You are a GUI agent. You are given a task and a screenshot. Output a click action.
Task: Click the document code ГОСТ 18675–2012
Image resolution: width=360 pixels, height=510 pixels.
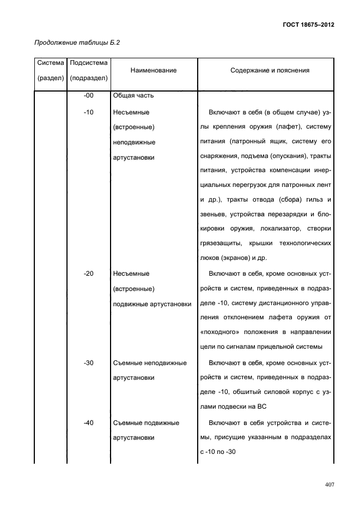tap(308, 25)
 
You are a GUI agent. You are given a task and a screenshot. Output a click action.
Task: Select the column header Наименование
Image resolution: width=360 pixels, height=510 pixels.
tap(154, 70)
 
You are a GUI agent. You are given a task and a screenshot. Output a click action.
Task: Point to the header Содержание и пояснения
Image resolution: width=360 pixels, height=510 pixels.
tap(270, 70)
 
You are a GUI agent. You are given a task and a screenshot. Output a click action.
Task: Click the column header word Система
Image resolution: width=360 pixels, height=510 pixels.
tap(50, 63)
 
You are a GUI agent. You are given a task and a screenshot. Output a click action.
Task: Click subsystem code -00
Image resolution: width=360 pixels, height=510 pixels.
tap(89, 96)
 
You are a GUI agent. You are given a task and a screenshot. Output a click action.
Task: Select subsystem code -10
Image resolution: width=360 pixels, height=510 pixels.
tap(89, 113)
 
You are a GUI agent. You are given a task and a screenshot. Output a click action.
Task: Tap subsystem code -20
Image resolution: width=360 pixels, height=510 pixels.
tap(89, 274)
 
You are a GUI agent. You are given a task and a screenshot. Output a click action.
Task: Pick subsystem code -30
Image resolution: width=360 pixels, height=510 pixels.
tap(89, 363)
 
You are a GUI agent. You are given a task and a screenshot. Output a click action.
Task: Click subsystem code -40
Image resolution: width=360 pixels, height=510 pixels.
tap(89, 422)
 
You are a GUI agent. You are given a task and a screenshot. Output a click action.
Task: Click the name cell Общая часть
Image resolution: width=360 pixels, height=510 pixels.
tap(134, 96)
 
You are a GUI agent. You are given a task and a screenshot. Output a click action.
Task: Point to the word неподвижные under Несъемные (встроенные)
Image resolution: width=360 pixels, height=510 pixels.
tap(134, 143)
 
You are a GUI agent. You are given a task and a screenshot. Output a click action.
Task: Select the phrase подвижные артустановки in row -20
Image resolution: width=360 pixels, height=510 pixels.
tap(152, 303)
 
